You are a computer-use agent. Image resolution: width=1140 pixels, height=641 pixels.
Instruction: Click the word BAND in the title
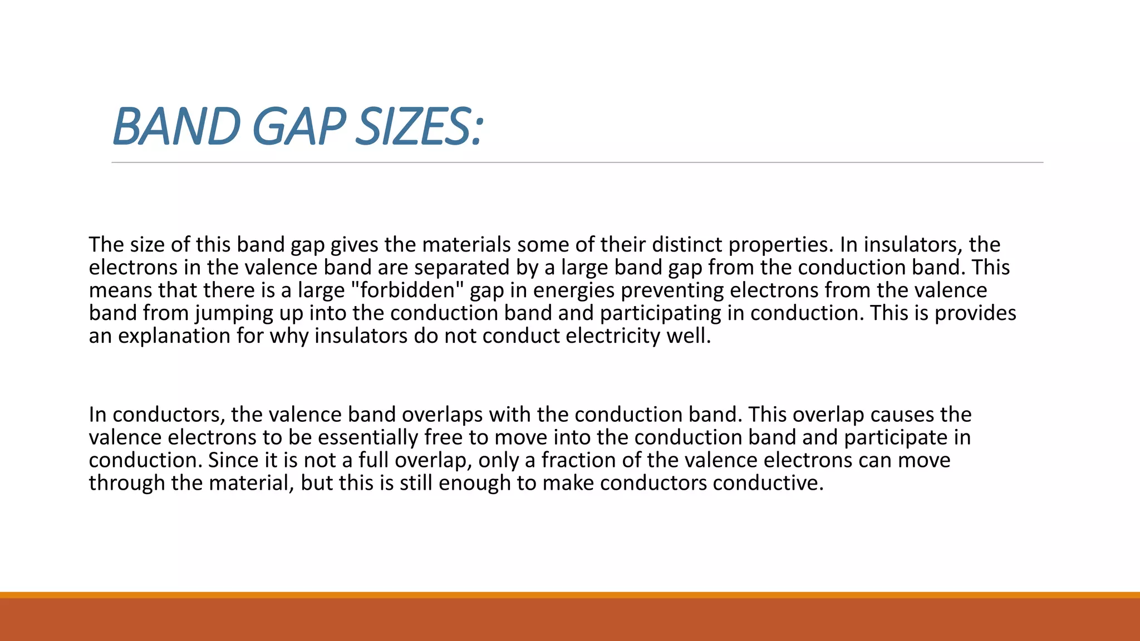[x=176, y=127]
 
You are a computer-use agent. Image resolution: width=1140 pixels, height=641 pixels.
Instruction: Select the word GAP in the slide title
[x=298, y=127]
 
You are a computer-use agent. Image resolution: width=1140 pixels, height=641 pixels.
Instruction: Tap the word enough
[x=474, y=483]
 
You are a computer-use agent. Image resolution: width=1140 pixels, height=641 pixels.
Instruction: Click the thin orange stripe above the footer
[x=570, y=595]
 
